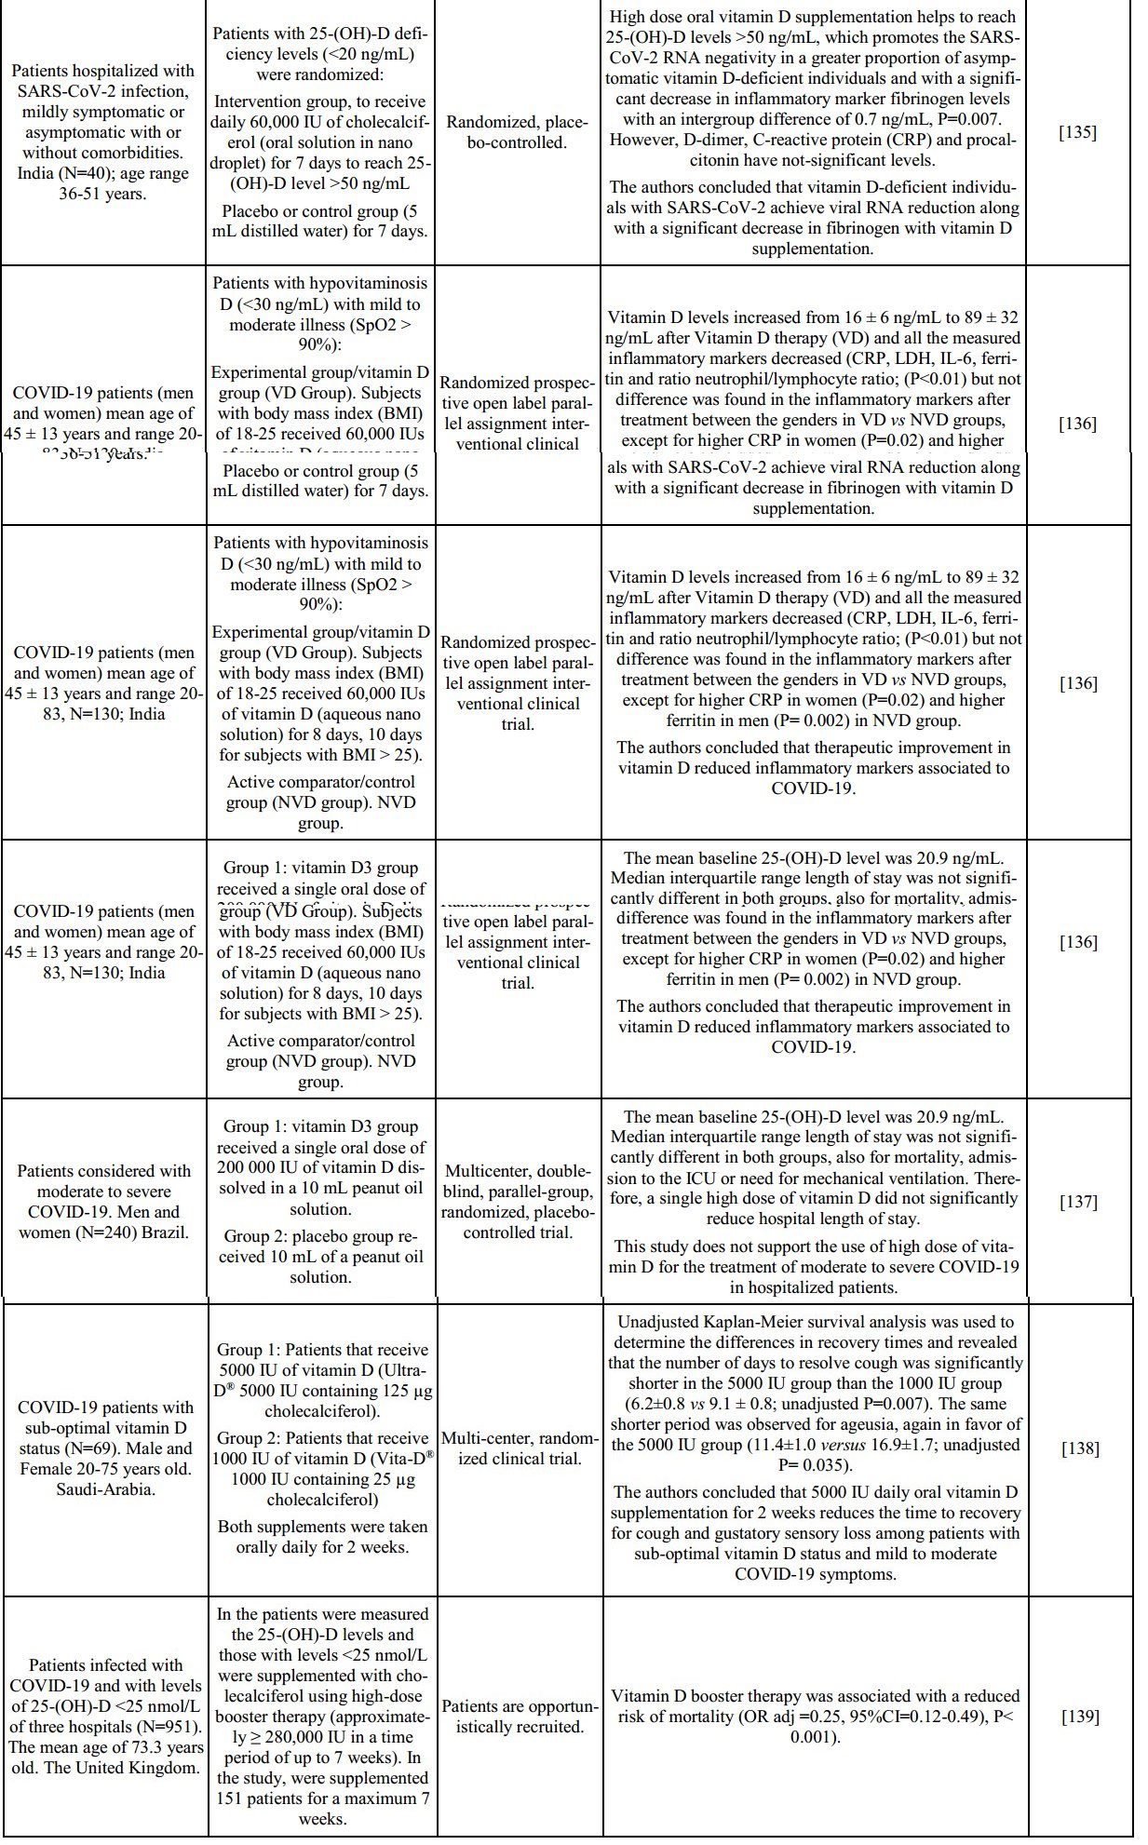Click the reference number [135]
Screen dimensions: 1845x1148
tap(1078, 132)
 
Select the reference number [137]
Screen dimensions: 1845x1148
tap(1078, 1202)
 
